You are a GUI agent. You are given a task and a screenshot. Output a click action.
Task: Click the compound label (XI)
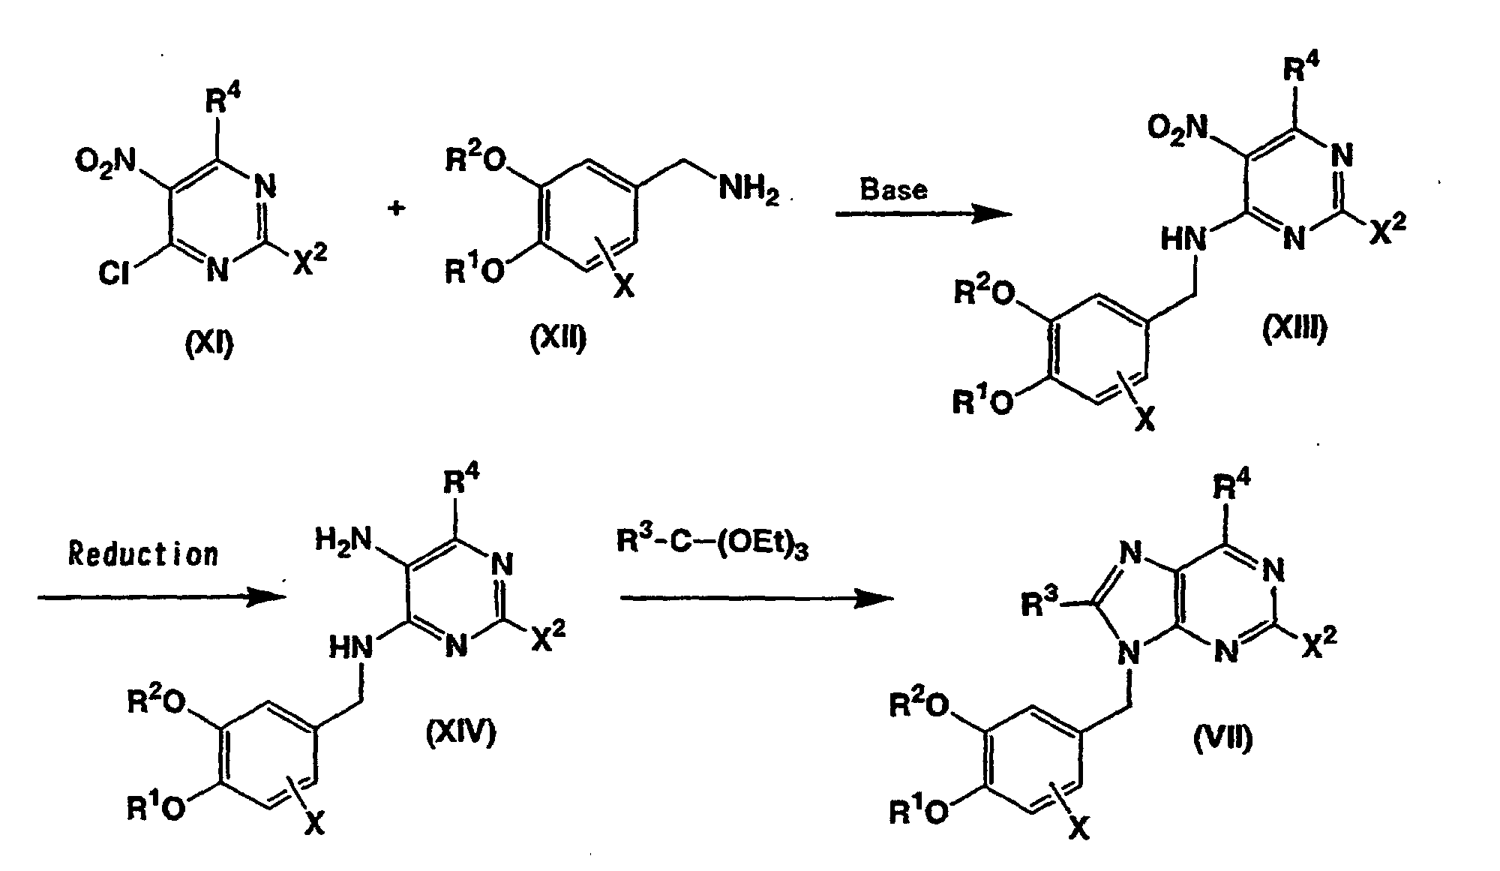pyautogui.click(x=210, y=344)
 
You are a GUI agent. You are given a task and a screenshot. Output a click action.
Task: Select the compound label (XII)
pyautogui.click(x=558, y=340)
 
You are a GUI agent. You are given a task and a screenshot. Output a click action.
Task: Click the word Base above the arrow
pyautogui.click(x=893, y=189)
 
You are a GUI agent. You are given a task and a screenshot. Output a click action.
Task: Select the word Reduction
pyautogui.click(x=143, y=554)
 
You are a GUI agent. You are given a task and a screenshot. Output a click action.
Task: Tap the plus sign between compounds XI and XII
pyautogui.click(x=396, y=208)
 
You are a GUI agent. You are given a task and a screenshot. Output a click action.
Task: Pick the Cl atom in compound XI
pyautogui.click(x=114, y=275)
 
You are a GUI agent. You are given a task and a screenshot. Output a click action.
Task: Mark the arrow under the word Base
pyautogui.click(x=924, y=215)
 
